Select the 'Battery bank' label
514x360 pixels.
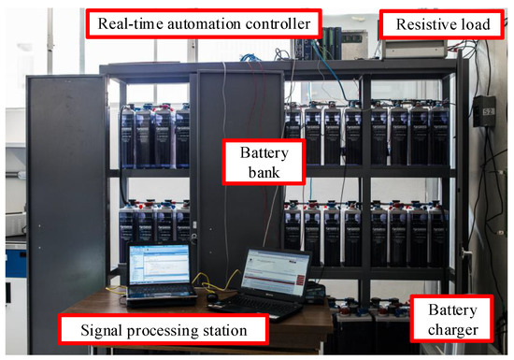250,161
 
